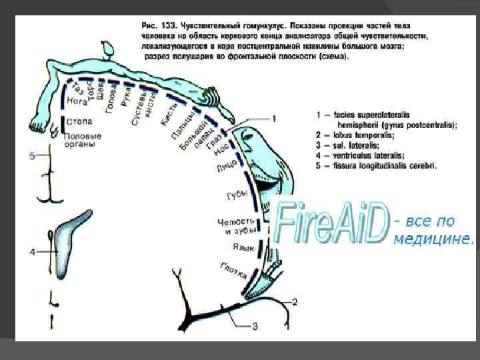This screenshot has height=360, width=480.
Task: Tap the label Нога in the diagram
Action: tap(77, 103)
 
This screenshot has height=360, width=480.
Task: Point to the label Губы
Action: tap(237, 194)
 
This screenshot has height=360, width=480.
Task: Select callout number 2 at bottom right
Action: tap(295, 302)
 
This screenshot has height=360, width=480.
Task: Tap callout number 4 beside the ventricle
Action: tap(31, 251)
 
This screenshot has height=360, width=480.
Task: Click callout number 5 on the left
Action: tap(31, 156)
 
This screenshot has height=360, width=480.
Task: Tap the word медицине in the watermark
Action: tap(434, 239)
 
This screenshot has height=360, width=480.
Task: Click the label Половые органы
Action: tap(82, 141)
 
